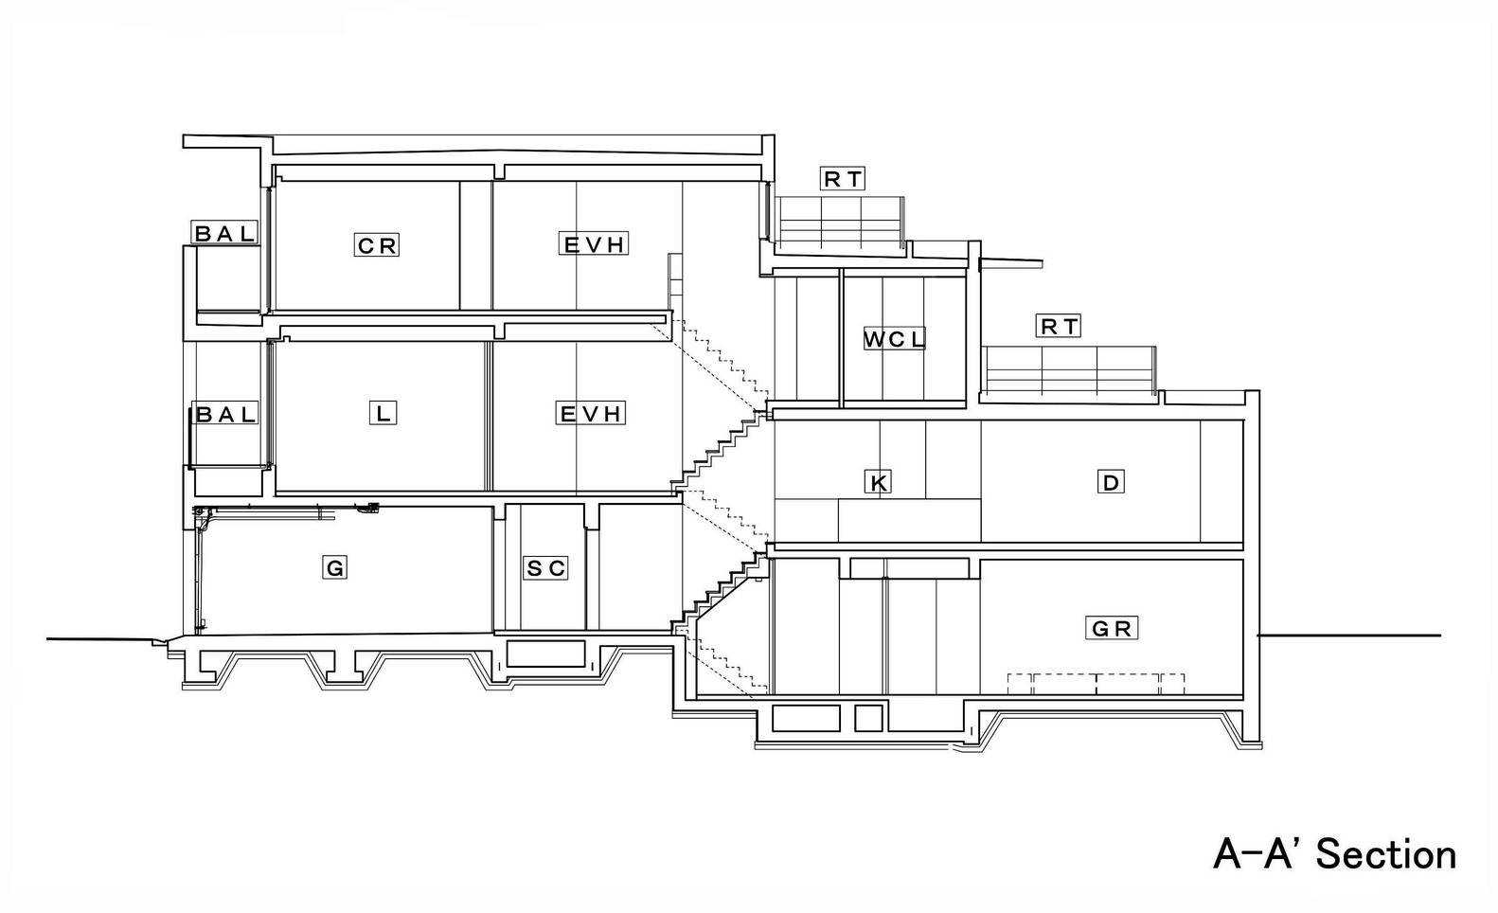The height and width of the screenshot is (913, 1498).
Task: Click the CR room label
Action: point(377,245)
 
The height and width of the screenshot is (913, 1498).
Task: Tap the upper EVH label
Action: point(594,244)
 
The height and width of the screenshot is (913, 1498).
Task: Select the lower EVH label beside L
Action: point(591,413)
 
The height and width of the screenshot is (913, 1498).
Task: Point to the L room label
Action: point(383,413)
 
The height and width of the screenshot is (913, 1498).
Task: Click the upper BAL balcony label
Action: point(224,233)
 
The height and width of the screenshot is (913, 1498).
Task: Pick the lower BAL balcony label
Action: point(225,414)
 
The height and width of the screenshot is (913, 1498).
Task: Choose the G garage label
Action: point(334,568)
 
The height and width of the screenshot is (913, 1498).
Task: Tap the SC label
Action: point(545,568)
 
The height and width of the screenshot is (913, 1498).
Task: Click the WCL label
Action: point(894,338)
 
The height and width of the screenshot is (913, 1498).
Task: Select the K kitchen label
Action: point(878,481)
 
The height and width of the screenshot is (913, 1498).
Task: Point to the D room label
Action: point(1111,481)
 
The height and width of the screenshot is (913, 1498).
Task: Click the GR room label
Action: point(1111,628)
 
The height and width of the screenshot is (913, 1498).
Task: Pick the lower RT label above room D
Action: point(1059,326)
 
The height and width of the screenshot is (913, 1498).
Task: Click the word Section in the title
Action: point(1385,855)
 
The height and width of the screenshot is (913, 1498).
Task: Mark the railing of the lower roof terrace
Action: point(1068,370)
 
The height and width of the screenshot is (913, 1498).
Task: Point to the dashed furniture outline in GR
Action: point(1097,684)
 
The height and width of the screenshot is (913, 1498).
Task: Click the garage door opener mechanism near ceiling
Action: point(368,509)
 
